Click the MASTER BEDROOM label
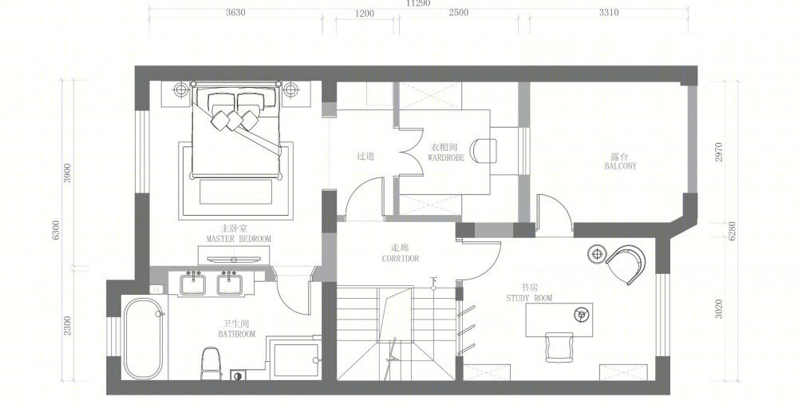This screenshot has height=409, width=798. click(239, 238)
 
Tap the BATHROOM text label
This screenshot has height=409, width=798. click(237, 334)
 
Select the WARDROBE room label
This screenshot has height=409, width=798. click(446, 158)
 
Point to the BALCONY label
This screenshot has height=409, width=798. click(620, 166)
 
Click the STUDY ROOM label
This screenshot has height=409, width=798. click(529, 298)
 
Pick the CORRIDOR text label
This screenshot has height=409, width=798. click(401, 259)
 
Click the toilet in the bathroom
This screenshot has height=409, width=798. click(211, 363)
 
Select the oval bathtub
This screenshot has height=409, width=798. click(144, 339)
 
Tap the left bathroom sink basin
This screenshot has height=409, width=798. click(192, 284)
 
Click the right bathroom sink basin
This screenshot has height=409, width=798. click(230, 284)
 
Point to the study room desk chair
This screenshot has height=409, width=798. click(559, 347)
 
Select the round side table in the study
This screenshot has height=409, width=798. click(598, 253)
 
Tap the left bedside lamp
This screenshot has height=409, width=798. click(181, 90)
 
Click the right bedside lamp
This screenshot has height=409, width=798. click(290, 90)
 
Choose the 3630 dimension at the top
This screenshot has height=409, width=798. click(235, 13)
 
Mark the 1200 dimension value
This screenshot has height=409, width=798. click(365, 14)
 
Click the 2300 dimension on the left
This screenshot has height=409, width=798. click(68, 325)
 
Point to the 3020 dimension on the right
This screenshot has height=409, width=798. click(719, 308)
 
